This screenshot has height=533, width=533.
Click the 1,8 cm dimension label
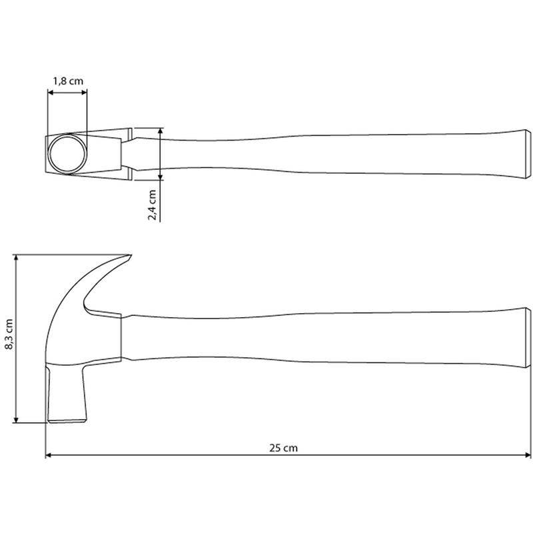68,81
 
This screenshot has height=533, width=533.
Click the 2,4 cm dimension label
152,205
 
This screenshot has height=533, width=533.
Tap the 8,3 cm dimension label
9,334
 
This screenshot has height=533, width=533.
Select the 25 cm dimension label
283,448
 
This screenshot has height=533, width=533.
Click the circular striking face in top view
67,154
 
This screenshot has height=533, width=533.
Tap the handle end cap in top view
528,154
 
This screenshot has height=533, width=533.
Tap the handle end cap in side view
528,338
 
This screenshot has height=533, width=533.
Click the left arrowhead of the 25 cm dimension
48,455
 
